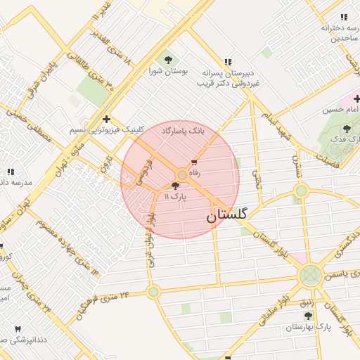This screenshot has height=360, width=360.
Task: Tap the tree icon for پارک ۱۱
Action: [175, 186]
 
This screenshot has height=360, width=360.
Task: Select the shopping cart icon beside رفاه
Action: [194, 162]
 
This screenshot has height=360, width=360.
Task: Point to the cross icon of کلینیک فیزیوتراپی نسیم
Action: [106, 120]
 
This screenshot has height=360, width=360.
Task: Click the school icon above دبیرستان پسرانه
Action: [227, 62]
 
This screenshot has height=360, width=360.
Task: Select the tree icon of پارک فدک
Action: [347, 129]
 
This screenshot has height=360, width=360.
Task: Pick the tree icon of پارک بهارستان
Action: [308, 316]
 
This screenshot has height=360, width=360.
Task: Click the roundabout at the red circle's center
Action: [182, 174]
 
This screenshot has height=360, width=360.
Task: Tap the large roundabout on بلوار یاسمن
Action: [310, 276]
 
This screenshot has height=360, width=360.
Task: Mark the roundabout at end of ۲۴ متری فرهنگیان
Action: [153, 291]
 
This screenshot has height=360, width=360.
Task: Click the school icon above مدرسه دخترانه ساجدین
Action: [345, 17]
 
